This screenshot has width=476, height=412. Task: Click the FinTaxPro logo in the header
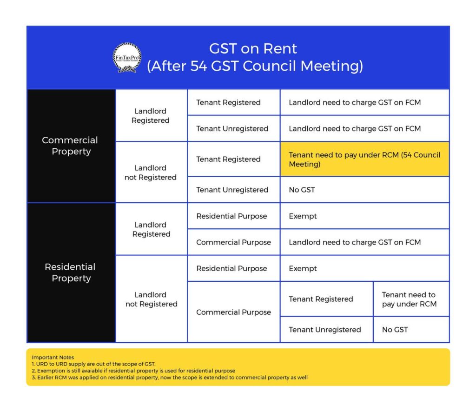tap(127, 58)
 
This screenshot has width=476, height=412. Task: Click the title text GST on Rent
tap(253, 48)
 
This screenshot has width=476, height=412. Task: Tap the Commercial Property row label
tap(71, 146)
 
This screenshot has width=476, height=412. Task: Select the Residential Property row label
tap(71, 272)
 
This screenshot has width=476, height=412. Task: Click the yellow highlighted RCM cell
tap(364, 159)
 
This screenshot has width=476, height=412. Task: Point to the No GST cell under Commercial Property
tap(364, 190)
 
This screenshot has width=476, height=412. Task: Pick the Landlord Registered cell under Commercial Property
tap(151, 116)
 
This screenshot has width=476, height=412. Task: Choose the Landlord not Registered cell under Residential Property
tap(151, 299)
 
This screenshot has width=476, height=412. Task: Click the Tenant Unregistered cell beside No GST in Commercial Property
tap(232, 190)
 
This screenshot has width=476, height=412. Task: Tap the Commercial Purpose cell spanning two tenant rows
tap(233, 312)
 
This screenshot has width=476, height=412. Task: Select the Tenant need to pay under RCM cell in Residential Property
tap(410, 299)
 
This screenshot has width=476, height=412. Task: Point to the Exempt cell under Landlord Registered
tap(364, 216)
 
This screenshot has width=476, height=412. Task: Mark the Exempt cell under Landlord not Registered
tap(364, 268)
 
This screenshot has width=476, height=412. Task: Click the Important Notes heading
tap(53, 358)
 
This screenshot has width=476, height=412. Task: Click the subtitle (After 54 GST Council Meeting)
tap(255, 66)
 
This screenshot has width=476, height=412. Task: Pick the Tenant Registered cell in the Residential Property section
tap(321, 299)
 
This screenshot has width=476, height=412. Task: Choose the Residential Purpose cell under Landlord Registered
tap(231, 216)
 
